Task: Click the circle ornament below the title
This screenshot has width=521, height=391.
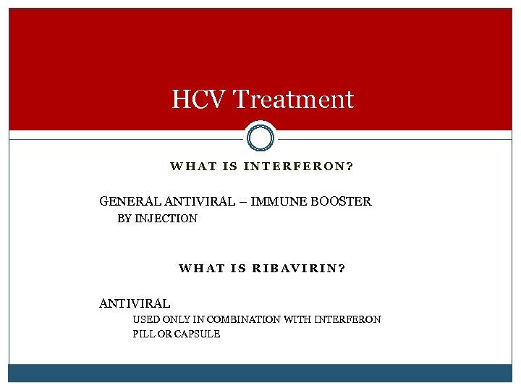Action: pyautogui.click(x=260, y=136)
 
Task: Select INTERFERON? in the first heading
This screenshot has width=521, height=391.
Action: pyautogui.click(x=298, y=167)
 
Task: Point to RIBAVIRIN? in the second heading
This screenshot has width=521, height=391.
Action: pyautogui.click(x=298, y=268)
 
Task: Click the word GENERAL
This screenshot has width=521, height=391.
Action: pyautogui.click(x=124, y=201)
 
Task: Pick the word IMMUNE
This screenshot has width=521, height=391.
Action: pyautogui.click(x=279, y=201)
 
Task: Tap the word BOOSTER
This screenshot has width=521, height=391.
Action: pyautogui.click(x=341, y=201)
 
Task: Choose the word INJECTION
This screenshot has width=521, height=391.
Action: pyautogui.click(x=168, y=219)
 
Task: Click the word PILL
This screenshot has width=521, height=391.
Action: pyautogui.click(x=144, y=334)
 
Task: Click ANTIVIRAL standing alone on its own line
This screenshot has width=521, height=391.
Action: pyautogui.click(x=135, y=303)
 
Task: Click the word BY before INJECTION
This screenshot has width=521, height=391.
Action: pyautogui.click(x=124, y=219)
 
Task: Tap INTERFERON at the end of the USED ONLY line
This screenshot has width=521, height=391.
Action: pyautogui.click(x=348, y=319)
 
